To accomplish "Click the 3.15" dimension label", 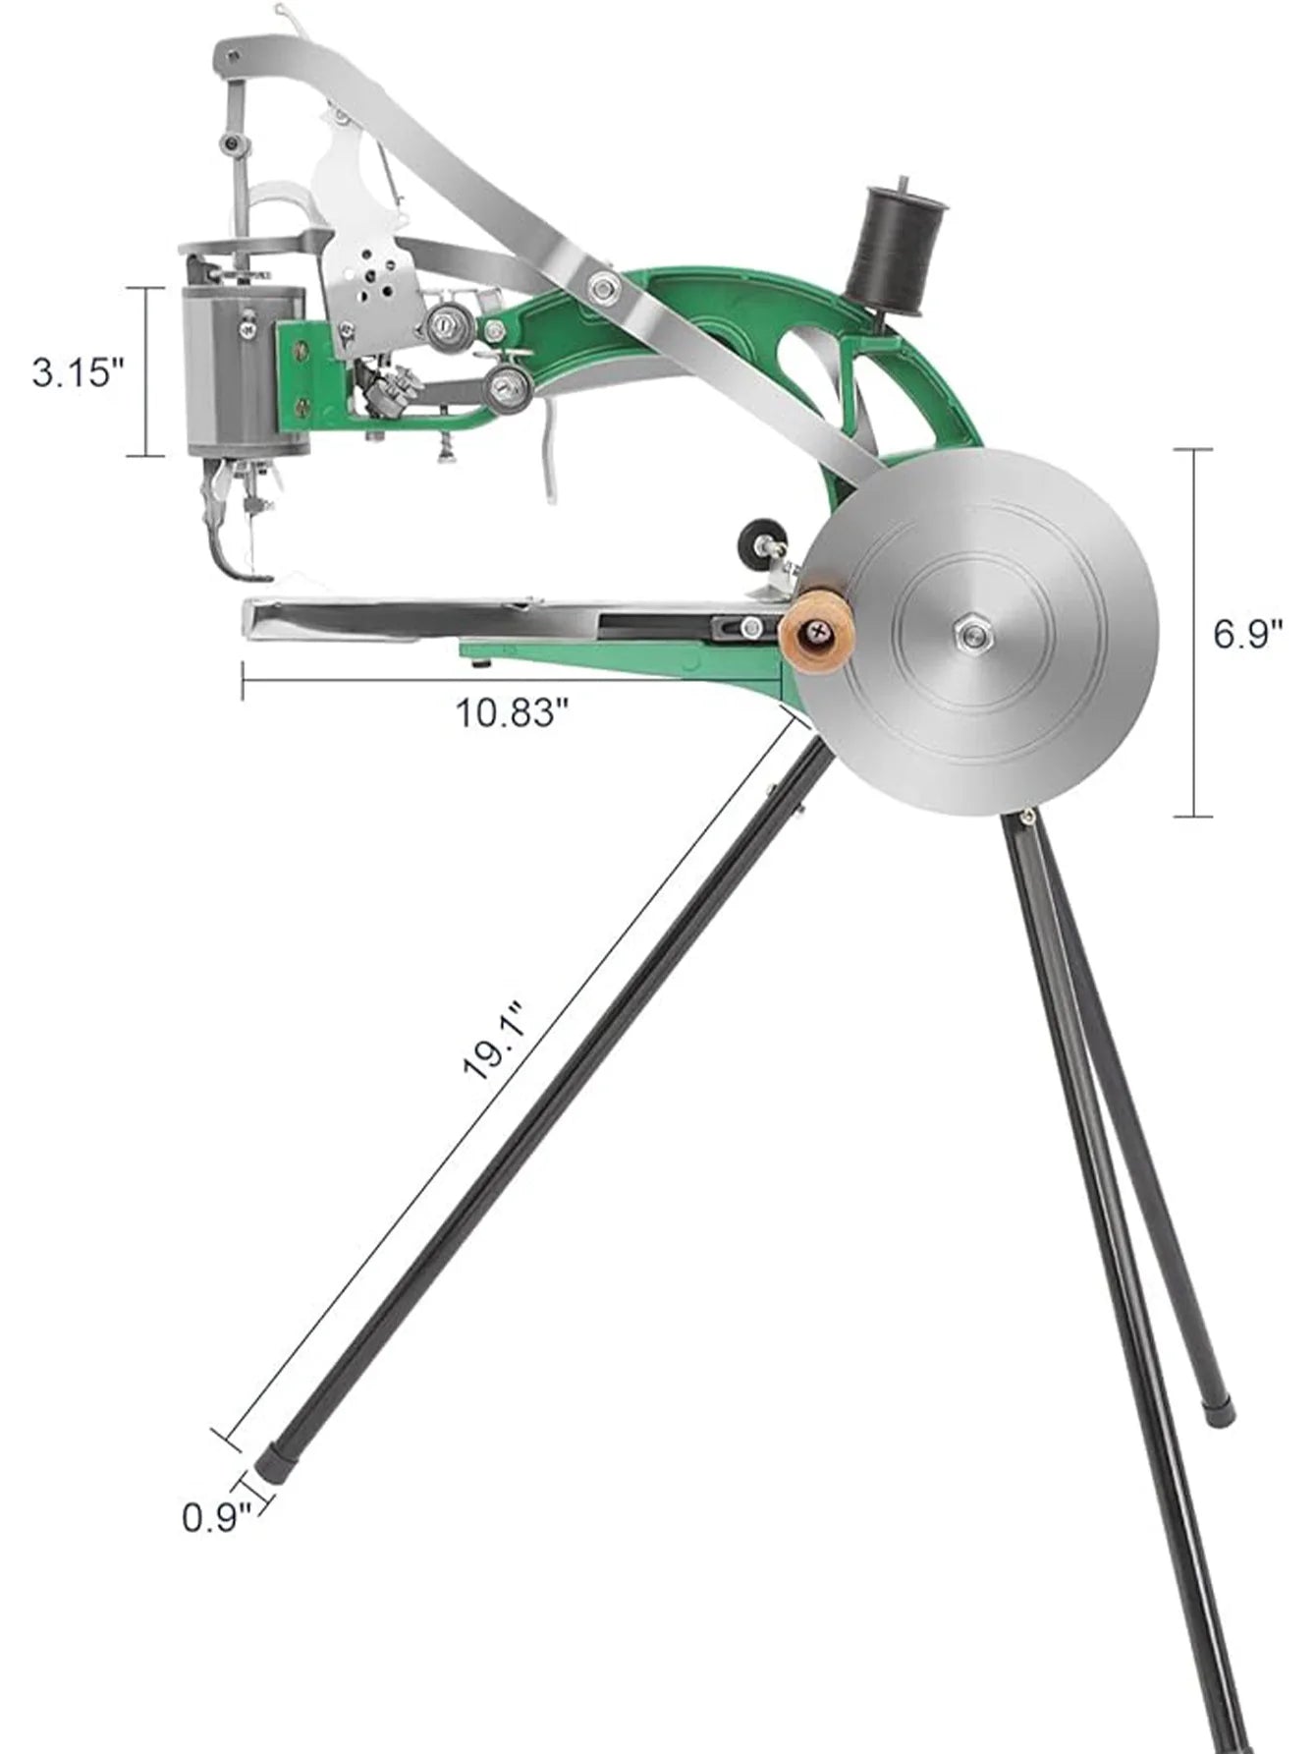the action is pyautogui.click(x=80, y=372).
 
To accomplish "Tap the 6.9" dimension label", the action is pyautogui.click(x=1248, y=633).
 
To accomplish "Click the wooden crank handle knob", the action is pyautogui.click(x=812, y=642).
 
